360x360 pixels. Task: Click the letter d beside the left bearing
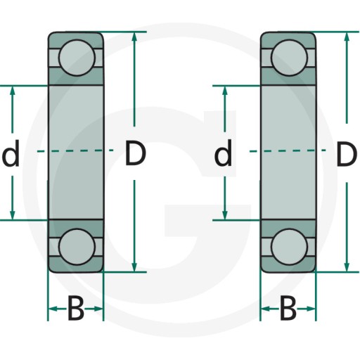pos(11,153)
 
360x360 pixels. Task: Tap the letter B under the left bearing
pos(76,308)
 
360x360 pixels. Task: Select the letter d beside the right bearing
pos(223,153)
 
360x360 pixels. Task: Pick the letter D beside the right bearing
pos(347,154)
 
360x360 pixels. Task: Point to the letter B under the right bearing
pos(288,308)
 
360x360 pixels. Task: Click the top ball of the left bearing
pos(77,58)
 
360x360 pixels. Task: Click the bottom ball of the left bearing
pos(77,247)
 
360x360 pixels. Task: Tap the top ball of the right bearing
pos(289,58)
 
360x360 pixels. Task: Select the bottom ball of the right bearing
pos(289,247)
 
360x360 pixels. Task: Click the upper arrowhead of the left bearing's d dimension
pos(13,90)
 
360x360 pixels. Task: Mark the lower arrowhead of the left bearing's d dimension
pos(13,216)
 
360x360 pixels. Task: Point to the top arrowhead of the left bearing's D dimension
pos(134,37)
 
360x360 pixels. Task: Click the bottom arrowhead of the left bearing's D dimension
pos(134,267)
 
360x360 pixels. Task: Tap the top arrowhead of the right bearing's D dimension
pos(347,37)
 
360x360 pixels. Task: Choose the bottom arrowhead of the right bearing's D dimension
pos(347,267)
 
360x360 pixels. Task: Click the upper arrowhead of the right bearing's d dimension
pos(225,90)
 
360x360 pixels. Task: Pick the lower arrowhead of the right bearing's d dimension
pos(225,216)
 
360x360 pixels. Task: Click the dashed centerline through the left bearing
pos(75,150)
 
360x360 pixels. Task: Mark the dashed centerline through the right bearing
pos(288,150)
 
